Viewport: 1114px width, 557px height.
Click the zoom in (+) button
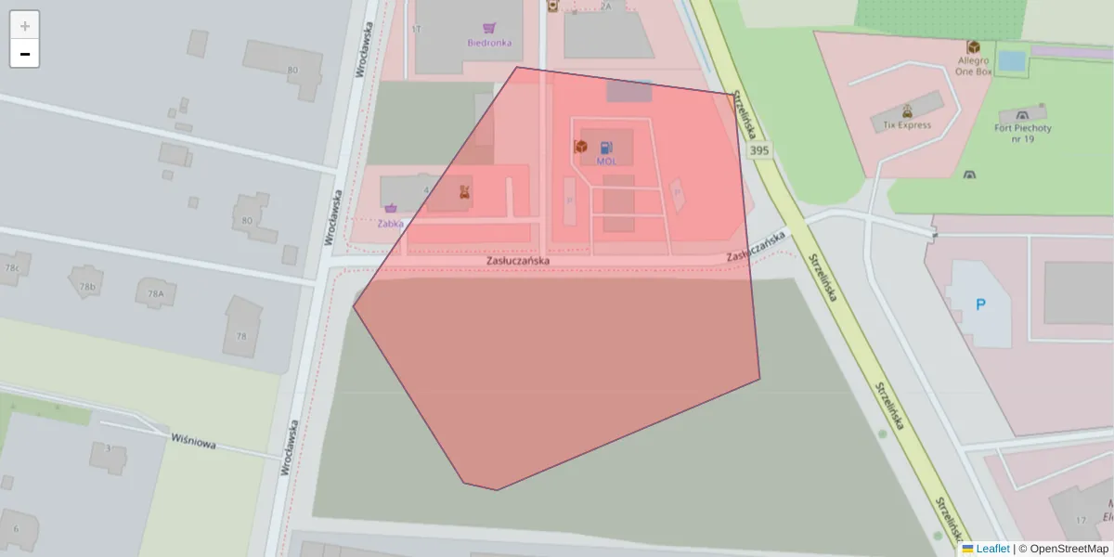click(x=25, y=26)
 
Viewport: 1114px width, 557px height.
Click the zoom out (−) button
click(x=25, y=54)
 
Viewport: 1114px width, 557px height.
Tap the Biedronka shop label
click(x=488, y=43)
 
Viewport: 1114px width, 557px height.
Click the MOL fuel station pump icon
click(x=606, y=147)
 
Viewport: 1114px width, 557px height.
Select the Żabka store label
click(x=391, y=223)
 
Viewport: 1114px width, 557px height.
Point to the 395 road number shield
click(x=758, y=150)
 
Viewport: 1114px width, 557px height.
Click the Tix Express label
click(x=907, y=124)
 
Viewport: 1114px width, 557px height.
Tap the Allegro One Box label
click(x=973, y=66)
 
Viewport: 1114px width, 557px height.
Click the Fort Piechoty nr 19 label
click(x=1022, y=134)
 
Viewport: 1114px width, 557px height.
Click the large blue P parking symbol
click(x=979, y=304)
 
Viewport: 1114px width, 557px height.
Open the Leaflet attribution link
click(x=992, y=549)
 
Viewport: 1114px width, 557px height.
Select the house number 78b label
click(x=88, y=287)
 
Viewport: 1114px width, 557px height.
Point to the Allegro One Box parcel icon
click(x=974, y=46)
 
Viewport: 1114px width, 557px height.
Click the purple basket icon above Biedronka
click(x=489, y=29)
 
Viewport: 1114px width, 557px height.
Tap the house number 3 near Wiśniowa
click(x=108, y=448)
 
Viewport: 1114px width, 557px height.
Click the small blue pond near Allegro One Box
click(x=1012, y=61)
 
